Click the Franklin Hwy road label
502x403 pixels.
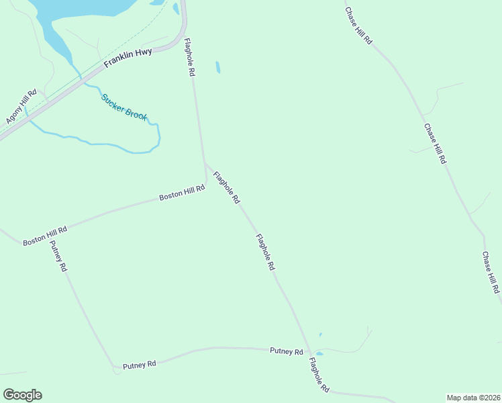(x=128, y=59)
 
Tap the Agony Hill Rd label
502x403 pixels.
(x=21, y=107)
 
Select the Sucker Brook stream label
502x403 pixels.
(x=124, y=107)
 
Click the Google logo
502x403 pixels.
(x=22, y=395)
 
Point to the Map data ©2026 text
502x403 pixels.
(x=472, y=398)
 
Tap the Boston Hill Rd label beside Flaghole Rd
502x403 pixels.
(x=181, y=193)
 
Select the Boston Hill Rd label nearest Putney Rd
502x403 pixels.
(x=45, y=235)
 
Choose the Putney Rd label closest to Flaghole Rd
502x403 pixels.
(x=287, y=351)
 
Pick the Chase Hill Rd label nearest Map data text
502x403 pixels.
(x=491, y=273)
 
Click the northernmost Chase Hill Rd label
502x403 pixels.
(x=358, y=26)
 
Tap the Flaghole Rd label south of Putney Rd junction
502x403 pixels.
(x=319, y=375)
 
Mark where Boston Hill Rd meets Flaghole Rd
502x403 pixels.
(x=205, y=181)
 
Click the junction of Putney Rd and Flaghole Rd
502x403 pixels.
(x=309, y=351)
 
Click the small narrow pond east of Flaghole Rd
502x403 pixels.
(x=217, y=67)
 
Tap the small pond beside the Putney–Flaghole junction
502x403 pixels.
(x=319, y=353)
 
